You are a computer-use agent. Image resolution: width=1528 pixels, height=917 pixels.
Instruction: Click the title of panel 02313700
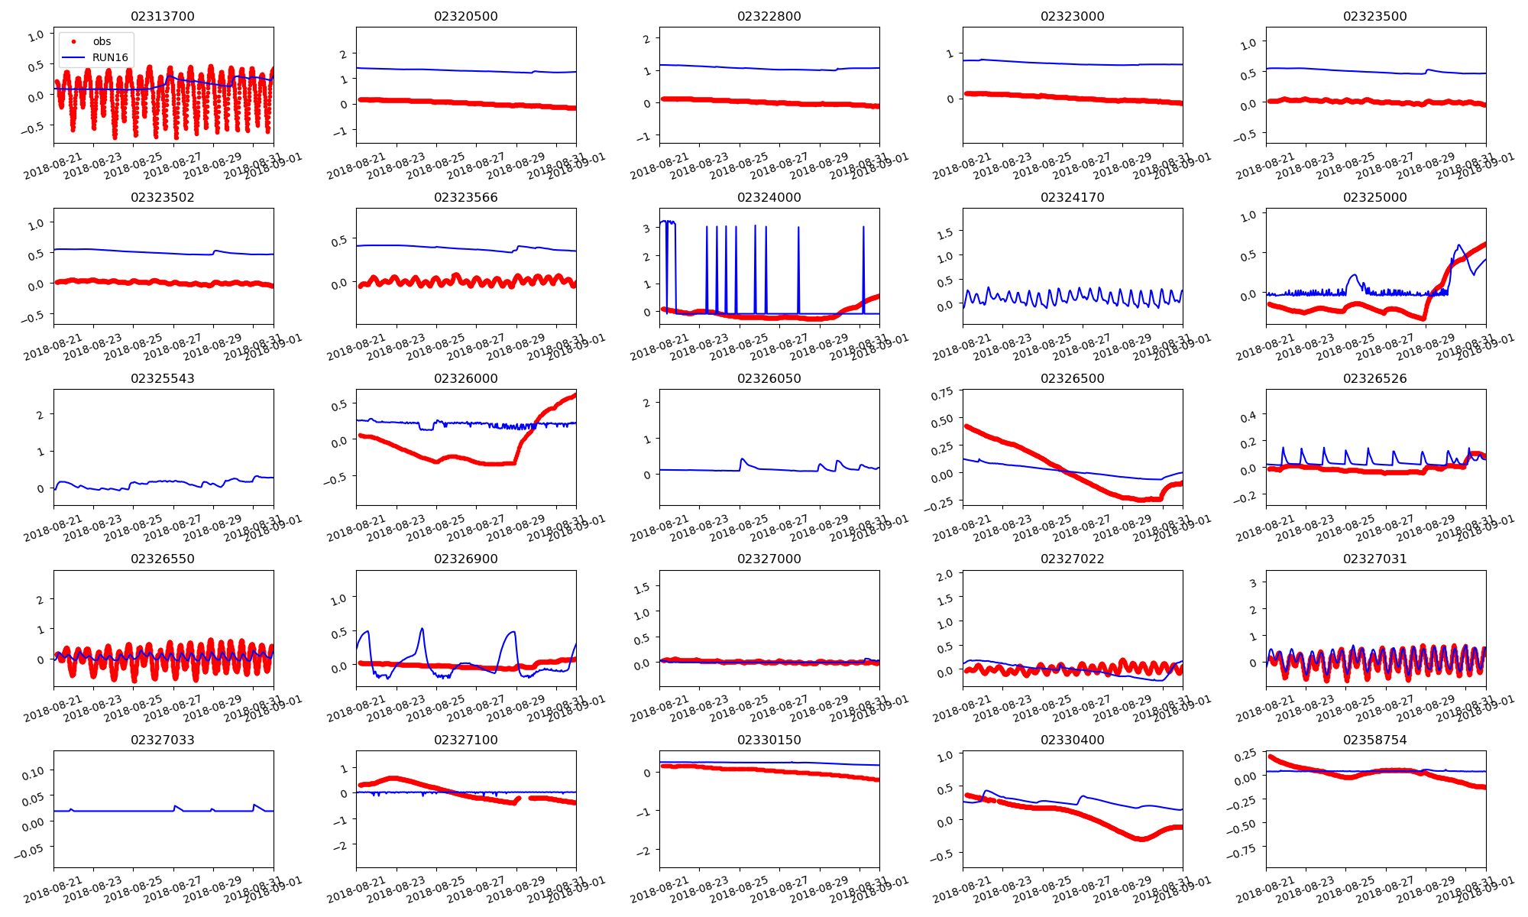(163, 16)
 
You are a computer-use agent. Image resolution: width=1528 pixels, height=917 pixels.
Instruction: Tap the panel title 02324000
(769, 197)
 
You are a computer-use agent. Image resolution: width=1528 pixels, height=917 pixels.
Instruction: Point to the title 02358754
(1375, 740)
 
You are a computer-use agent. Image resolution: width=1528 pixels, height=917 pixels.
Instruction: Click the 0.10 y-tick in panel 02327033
(34, 773)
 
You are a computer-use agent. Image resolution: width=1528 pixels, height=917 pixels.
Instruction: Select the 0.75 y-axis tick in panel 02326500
(942, 394)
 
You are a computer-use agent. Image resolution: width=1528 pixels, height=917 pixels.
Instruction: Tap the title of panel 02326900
(466, 559)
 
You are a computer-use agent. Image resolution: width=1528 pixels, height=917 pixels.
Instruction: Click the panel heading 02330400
(1072, 740)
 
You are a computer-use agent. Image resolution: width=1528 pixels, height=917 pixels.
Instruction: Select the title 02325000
(1375, 197)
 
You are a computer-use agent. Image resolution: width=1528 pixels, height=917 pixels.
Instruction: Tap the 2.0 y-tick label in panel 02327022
(945, 575)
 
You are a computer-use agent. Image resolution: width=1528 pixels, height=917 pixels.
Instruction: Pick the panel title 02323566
(466, 197)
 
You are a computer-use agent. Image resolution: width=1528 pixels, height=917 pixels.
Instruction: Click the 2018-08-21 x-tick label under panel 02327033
(52, 892)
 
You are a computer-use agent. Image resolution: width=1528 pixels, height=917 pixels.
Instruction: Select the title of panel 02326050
(769, 378)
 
